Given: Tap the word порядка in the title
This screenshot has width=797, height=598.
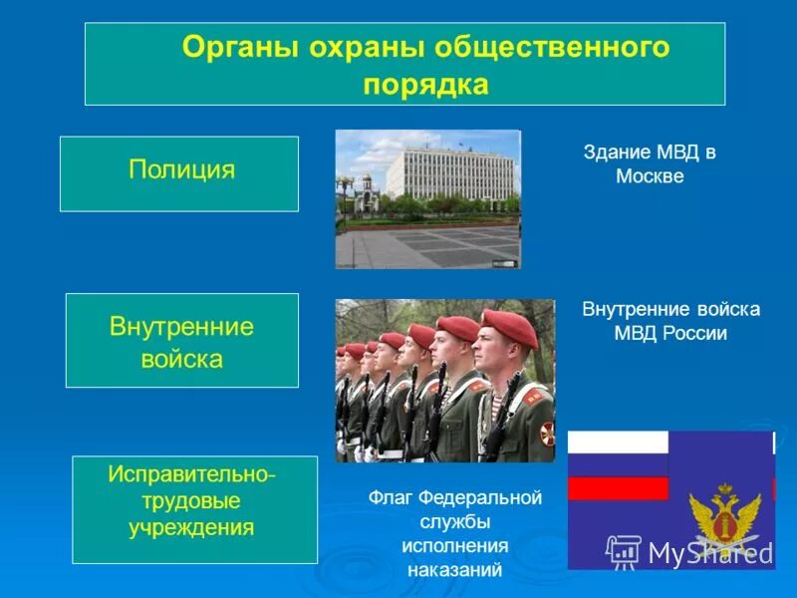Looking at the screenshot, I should (x=425, y=85).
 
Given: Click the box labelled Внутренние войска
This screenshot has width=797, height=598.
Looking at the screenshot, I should (x=181, y=341).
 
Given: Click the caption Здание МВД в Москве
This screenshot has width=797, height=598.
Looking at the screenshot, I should (x=649, y=164).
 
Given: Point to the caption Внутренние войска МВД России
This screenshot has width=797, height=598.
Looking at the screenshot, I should (x=669, y=321).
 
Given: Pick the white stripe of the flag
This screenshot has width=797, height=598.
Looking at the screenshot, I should (x=618, y=442).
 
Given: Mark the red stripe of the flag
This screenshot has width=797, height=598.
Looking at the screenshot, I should (x=618, y=488).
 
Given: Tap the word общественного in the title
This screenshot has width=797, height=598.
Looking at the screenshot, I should (x=567, y=48).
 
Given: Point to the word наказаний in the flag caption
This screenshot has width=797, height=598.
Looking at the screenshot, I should (x=454, y=571).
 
